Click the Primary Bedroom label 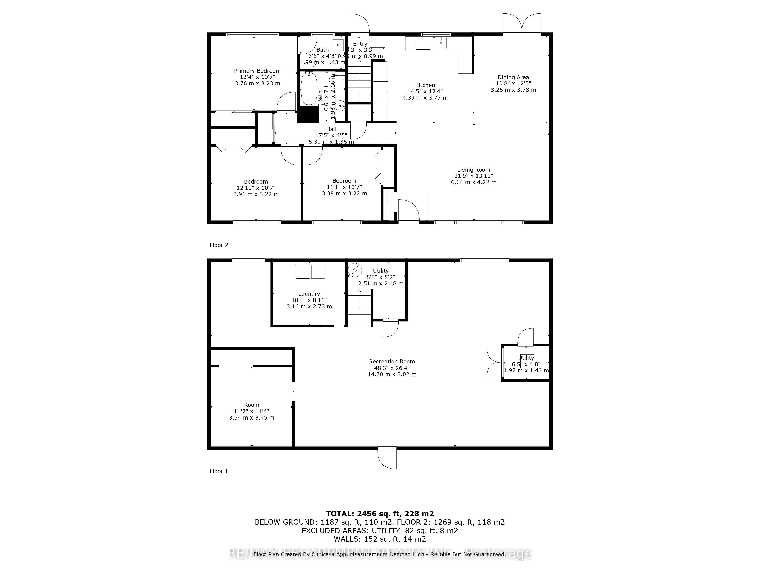tap(257, 71)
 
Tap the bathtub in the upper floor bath tap(309, 89)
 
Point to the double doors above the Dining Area tap(522, 23)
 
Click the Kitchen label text tap(425, 85)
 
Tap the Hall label tap(331, 129)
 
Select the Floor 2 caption tap(219, 245)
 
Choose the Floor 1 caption tap(219, 471)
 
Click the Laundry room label tap(309, 294)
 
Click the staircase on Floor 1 tap(359, 308)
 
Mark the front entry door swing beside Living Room tap(408, 210)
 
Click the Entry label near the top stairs tap(360, 44)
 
